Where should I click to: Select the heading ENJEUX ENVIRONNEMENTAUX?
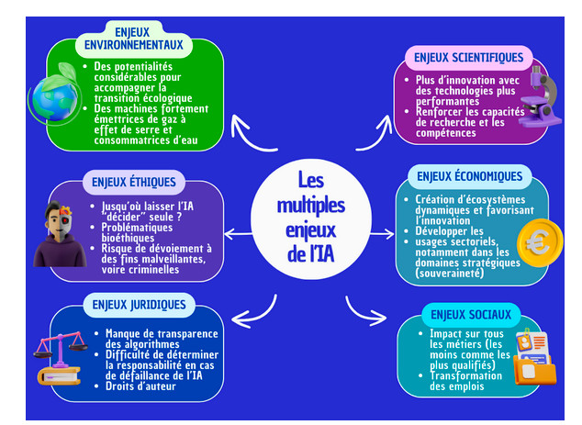[x=133, y=39]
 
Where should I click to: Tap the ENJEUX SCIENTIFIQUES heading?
[x=468, y=58]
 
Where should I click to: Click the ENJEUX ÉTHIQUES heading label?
[x=134, y=182]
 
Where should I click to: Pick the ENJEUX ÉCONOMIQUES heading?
[x=469, y=176]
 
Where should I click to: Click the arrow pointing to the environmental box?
[x=250, y=135]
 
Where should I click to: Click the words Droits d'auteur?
[x=140, y=386]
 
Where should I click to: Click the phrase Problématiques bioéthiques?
[x=138, y=232]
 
